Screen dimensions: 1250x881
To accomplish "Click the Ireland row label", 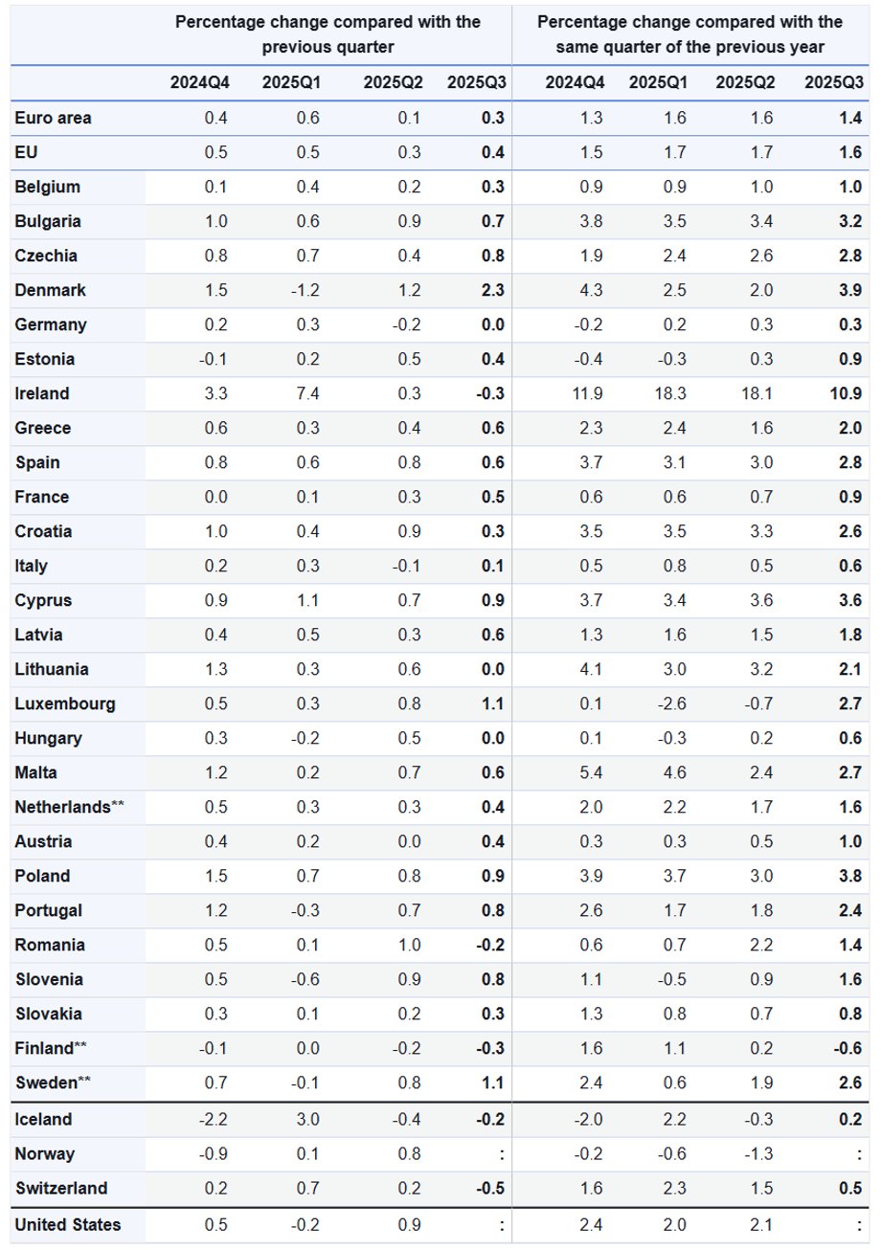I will pyautogui.click(x=42, y=393).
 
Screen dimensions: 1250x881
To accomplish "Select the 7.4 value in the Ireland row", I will pyautogui.click(x=307, y=393).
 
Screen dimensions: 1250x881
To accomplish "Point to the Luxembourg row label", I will pyautogui.click(x=65, y=703).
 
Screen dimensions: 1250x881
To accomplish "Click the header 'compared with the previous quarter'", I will pyautogui.click(x=328, y=33).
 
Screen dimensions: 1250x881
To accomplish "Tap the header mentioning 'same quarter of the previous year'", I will pyautogui.click(x=689, y=33).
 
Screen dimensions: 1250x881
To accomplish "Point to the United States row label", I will pyautogui.click(x=68, y=1224).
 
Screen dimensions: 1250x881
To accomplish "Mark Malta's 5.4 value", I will pyautogui.click(x=591, y=772).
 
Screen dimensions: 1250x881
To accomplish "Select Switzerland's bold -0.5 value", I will pyautogui.click(x=491, y=1188).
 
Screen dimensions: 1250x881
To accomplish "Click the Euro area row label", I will pyautogui.click(x=54, y=118).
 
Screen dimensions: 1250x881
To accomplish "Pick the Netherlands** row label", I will pyautogui.click(x=70, y=807).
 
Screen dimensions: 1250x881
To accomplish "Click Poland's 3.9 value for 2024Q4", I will pyautogui.click(x=591, y=876).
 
